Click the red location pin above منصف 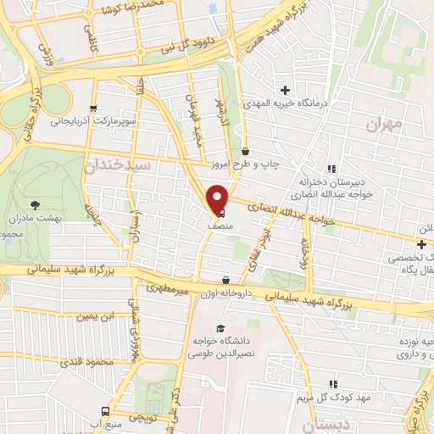click(218, 198)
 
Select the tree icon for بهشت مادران click(35, 204)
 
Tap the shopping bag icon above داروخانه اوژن click(225, 280)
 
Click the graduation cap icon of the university click(221, 328)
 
